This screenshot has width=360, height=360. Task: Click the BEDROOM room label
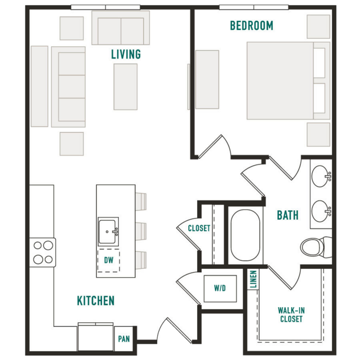252,25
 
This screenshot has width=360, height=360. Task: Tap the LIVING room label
126,54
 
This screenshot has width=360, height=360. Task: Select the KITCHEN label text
96,301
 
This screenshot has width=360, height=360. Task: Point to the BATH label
288,215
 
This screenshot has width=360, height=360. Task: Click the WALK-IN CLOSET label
291,314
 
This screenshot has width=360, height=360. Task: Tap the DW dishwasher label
109,260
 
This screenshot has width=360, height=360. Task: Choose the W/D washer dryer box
220,288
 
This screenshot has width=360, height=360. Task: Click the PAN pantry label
124,339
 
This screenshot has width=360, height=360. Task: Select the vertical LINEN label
253,279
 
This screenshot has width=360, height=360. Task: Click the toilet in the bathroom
315,247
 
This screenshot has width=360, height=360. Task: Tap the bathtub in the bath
245,235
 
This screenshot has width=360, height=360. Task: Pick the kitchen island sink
108,232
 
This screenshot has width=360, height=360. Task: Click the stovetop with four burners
43,252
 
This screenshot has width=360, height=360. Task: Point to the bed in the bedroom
288,81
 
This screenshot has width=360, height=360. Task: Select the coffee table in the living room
126,87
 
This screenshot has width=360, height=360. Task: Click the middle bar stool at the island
141,231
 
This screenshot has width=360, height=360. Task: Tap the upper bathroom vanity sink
321,176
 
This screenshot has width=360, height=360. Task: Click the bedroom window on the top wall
254,7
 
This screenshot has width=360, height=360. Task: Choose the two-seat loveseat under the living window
121,28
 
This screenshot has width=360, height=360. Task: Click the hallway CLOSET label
199,228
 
